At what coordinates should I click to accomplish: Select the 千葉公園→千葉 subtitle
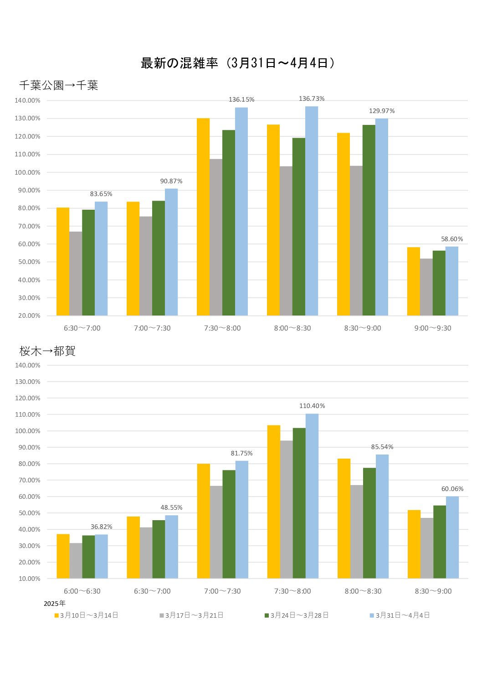click(x=59, y=85)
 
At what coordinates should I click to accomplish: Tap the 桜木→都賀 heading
click(x=47, y=351)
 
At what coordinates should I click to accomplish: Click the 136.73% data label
click(x=312, y=99)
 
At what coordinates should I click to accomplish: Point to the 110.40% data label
click(x=312, y=406)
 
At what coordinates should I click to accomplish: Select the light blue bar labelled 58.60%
click(x=452, y=281)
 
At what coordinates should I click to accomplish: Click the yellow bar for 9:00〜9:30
click(x=413, y=281)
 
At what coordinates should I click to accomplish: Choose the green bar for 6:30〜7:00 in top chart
click(x=88, y=262)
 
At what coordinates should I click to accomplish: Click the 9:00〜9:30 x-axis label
click(x=433, y=328)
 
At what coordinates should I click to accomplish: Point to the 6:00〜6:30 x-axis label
click(x=82, y=591)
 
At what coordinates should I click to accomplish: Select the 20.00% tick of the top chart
click(x=29, y=315)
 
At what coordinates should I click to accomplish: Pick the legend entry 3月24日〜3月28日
click(x=299, y=615)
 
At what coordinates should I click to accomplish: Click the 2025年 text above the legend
click(x=55, y=604)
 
